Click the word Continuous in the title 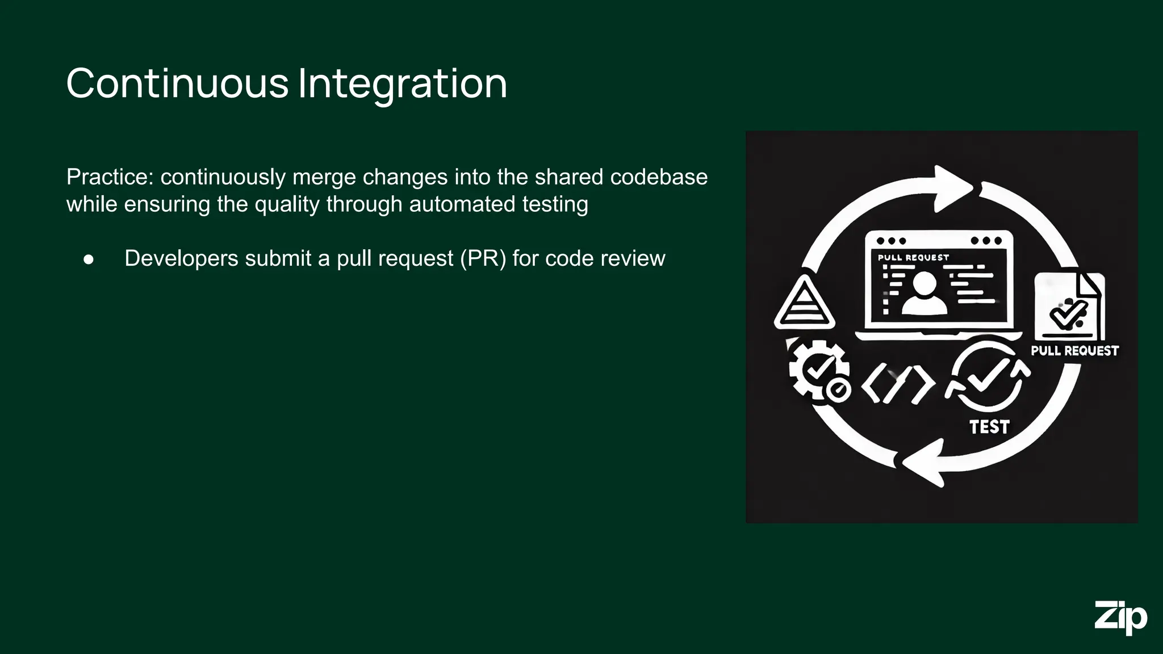(x=177, y=83)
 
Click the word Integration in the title (x=402, y=83)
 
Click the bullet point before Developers (x=89, y=259)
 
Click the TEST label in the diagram (x=989, y=427)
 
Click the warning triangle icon (x=804, y=304)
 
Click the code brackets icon (x=897, y=384)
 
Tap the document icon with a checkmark (x=1069, y=307)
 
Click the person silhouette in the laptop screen (x=924, y=293)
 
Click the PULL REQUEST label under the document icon (x=1074, y=351)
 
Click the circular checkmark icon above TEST (x=988, y=376)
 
